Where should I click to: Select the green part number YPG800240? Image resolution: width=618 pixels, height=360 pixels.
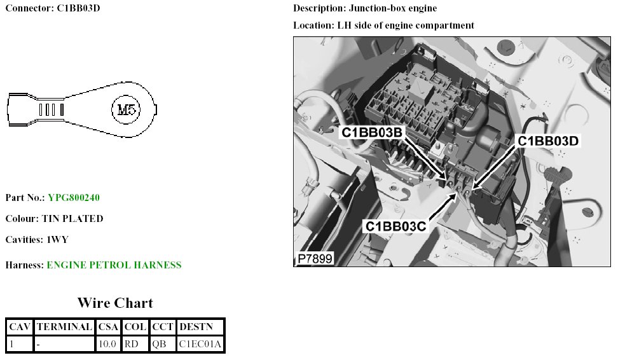(x=74, y=198)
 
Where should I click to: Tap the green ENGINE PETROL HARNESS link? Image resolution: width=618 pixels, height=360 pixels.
(x=114, y=265)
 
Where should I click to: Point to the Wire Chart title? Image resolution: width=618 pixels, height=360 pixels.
(x=115, y=303)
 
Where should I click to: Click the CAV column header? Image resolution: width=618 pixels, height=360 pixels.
(x=19, y=327)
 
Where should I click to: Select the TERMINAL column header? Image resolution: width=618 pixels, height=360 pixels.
(x=64, y=327)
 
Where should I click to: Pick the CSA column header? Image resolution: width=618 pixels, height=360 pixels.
(x=108, y=327)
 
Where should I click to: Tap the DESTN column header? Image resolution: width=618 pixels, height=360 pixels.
(x=200, y=327)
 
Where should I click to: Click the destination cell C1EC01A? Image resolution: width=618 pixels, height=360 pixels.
(x=200, y=345)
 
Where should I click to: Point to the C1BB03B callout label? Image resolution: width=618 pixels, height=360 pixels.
(x=373, y=133)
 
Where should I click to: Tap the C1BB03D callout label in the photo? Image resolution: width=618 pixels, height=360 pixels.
(x=548, y=141)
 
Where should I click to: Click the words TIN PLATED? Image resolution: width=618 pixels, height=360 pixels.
(x=72, y=219)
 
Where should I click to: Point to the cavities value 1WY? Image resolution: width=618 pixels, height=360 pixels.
(x=57, y=240)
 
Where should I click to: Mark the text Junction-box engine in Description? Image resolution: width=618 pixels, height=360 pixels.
(x=393, y=9)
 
